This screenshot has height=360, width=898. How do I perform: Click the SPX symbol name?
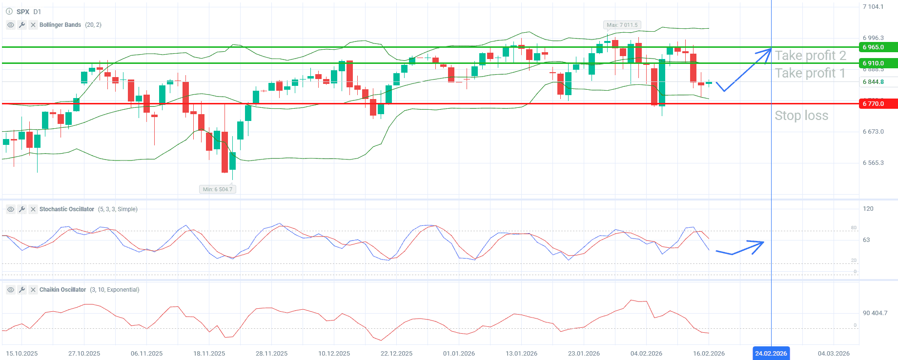pos(22,12)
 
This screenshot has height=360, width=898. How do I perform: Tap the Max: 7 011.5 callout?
pos(622,25)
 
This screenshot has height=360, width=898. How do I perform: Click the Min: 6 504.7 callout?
pos(218,189)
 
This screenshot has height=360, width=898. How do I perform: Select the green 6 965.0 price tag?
pos(877,47)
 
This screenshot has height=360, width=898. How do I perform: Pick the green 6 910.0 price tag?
pos(877,63)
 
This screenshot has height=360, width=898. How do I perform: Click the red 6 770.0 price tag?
pos(877,103)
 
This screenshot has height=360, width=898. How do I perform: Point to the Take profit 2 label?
pos(810,56)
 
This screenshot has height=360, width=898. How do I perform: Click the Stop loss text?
pos(801,116)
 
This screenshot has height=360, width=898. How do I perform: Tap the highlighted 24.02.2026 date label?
pos(771,353)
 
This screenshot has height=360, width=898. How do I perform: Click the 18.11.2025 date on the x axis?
pos(209,353)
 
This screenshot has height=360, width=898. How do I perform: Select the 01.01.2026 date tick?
pos(459,353)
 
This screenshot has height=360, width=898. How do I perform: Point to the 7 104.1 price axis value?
pos(873,7)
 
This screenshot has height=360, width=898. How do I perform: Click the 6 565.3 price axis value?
pos(873,163)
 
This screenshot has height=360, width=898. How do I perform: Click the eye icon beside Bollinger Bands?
pos(11,25)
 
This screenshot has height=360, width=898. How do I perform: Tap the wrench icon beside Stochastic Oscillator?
pos(22,209)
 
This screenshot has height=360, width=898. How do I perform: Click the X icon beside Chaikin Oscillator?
pos(33,290)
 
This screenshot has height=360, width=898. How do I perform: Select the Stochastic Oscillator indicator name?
pos(67,209)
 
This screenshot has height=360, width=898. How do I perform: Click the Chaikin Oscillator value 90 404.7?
pos(875,313)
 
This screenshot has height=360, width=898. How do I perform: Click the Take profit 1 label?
pos(810,73)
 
